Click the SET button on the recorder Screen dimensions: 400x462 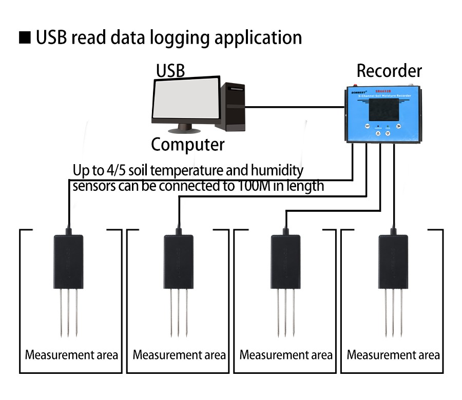pyautogui.click(x=368, y=125)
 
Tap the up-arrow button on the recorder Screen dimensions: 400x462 pyautogui.click(x=378, y=133)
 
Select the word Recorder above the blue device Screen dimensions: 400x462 pyautogui.click(x=389, y=71)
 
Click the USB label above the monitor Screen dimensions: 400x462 pyautogui.click(x=170, y=71)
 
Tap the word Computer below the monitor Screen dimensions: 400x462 pyautogui.click(x=187, y=145)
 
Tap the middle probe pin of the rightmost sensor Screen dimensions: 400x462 pyautogui.click(x=393, y=313)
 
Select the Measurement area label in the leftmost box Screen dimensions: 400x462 pyautogui.click(x=72, y=355)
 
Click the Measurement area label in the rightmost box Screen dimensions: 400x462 pyautogui.click(x=393, y=355)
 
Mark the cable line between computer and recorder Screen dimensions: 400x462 pyautogui.click(x=295, y=107)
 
